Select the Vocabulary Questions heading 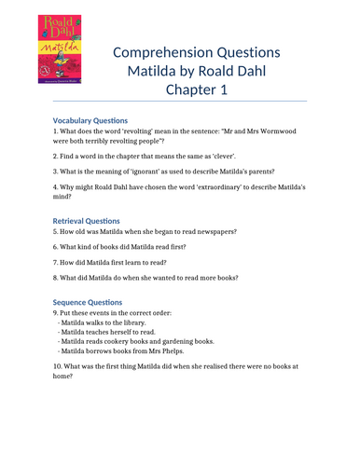tap(90, 119)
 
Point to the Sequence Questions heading tap(88, 302)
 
